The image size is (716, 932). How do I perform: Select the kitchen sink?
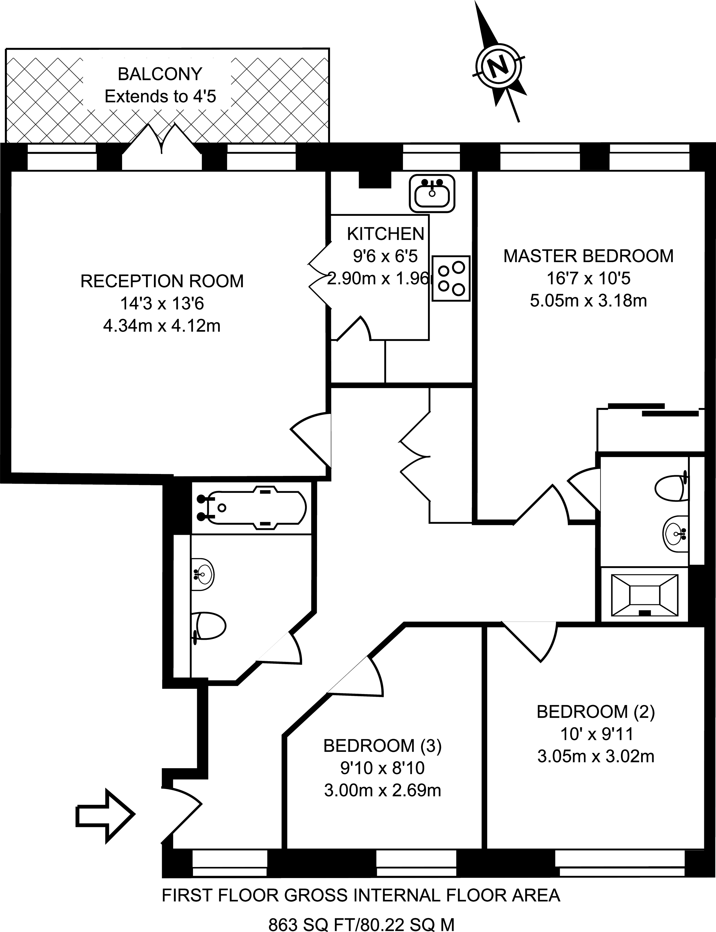[432, 194]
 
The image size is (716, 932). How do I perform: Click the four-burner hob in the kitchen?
[451, 279]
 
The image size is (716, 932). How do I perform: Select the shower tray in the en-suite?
[644, 595]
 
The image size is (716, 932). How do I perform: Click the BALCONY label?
[160, 74]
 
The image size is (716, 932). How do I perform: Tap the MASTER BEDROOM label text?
[588, 256]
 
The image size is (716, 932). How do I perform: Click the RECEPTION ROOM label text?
[162, 281]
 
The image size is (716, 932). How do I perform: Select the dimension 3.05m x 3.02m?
[596, 756]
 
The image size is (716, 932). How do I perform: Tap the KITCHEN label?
[386, 234]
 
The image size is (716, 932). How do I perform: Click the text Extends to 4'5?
[160, 97]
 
